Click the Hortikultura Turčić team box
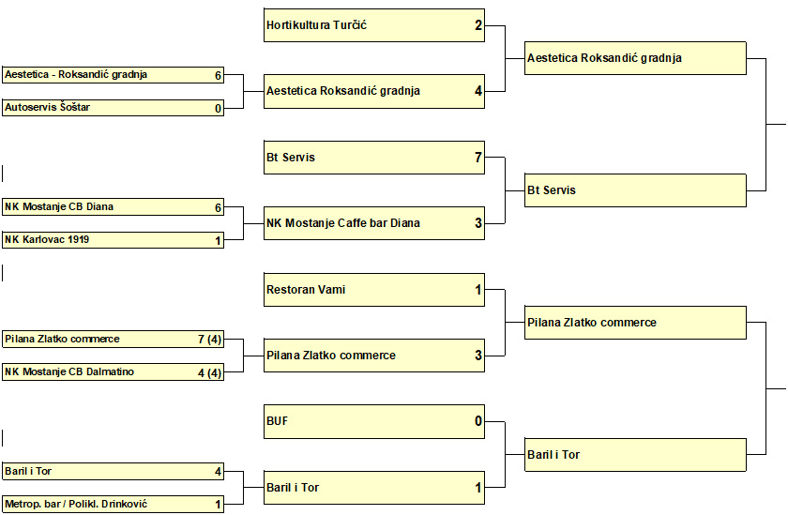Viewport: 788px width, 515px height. click(x=374, y=25)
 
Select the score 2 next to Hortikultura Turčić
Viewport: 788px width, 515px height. click(x=477, y=25)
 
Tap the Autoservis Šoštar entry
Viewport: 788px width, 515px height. click(x=113, y=108)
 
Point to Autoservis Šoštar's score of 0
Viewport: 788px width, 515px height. click(x=218, y=108)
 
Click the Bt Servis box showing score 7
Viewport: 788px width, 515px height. click(x=374, y=158)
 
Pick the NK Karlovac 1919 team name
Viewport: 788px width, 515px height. click(x=47, y=239)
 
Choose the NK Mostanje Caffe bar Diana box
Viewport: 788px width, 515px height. click(x=374, y=223)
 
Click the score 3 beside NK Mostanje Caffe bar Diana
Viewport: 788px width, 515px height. click(x=477, y=223)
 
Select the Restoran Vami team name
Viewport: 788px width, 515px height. click(x=306, y=290)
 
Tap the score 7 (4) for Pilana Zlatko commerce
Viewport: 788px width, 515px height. click(x=209, y=340)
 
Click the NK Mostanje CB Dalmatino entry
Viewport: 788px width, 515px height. click(x=113, y=371)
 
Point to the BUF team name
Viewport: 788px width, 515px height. click(x=278, y=421)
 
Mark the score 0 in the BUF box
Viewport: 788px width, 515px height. click(x=477, y=421)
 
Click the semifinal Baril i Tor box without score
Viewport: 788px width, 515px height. click(x=635, y=455)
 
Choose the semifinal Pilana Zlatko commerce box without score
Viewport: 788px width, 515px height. click(x=635, y=323)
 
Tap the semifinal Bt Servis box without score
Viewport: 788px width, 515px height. click(x=635, y=190)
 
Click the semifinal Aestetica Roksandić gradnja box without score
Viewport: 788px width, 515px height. click(x=635, y=58)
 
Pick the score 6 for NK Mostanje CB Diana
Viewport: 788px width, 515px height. click(x=218, y=207)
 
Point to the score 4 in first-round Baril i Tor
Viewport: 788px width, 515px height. click(x=218, y=472)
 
